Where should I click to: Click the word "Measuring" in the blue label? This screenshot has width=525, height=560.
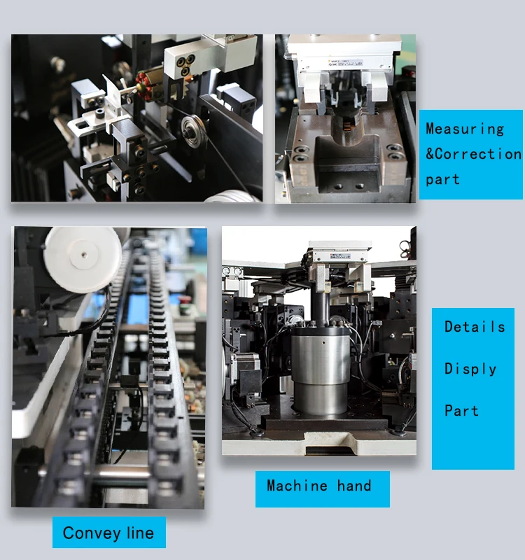tap(465, 129)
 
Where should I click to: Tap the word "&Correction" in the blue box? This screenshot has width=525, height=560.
tap(474, 154)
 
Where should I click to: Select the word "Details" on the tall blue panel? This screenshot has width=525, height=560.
tap(475, 326)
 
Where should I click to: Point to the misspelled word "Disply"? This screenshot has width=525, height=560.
tap(470, 369)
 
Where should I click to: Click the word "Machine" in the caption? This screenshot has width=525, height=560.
tap(297, 486)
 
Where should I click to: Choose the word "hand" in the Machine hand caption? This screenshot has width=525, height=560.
tap(354, 486)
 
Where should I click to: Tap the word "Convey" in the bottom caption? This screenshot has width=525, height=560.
tap(92, 533)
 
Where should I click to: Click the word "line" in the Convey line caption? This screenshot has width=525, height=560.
tap(141, 533)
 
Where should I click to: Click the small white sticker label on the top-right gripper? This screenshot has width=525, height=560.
tap(345, 63)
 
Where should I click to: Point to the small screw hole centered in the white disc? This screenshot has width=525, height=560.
tap(84, 255)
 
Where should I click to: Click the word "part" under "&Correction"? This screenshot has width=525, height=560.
tap(442, 180)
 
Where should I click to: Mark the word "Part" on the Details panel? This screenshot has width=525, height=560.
tap(461, 411)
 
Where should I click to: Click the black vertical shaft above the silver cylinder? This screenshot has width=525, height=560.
tap(320, 305)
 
